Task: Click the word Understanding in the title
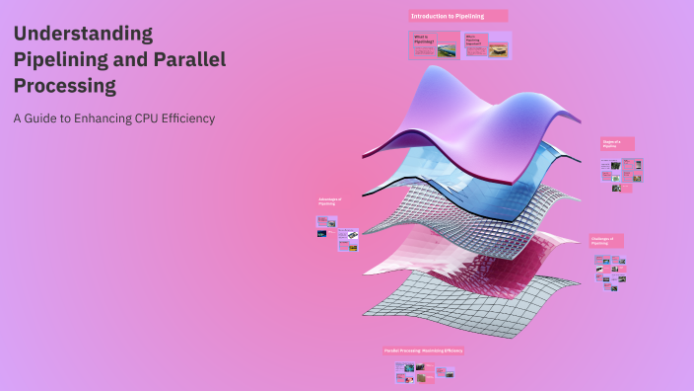click(84, 34)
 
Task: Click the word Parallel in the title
click(189, 59)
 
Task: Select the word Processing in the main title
click(65, 86)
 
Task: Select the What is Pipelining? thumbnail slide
click(434, 44)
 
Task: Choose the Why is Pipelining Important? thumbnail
click(486, 44)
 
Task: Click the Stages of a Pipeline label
click(617, 144)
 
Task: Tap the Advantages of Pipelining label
click(330, 201)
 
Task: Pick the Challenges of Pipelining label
click(605, 240)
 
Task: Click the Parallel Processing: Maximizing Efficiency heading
click(423, 351)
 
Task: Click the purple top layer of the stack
click(463, 118)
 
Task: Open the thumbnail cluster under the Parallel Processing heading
click(424, 372)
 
